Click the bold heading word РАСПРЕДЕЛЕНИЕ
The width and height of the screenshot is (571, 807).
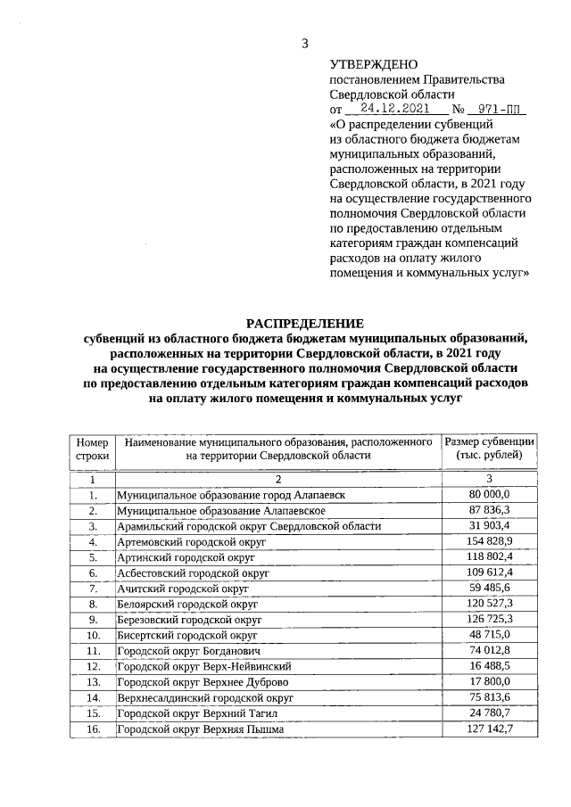(x=305, y=323)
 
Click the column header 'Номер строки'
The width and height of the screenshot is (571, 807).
(x=92, y=449)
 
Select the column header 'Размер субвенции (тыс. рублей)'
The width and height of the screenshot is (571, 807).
(x=489, y=449)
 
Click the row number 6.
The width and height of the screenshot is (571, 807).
(x=92, y=573)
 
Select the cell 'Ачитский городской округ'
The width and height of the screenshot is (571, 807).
(x=182, y=589)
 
